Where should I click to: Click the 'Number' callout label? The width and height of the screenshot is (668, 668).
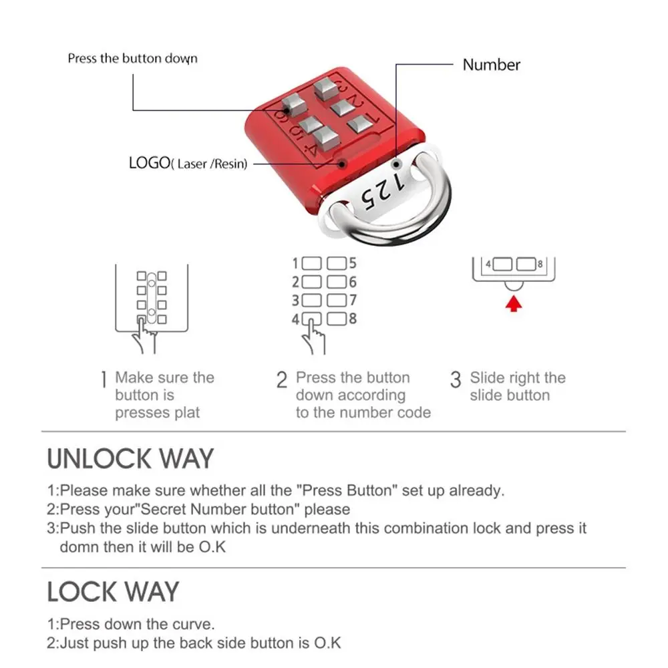pyautogui.click(x=491, y=65)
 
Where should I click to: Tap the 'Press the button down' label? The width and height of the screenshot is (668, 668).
pyautogui.click(x=132, y=58)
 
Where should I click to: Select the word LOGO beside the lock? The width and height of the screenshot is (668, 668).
pyautogui.click(x=150, y=163)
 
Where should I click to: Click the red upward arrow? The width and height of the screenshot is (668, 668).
pyautogui.click(x=514, y=304)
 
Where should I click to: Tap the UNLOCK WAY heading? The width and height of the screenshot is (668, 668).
pyautogui.click(x=130, y=459)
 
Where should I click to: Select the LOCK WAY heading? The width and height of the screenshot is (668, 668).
pyautogui.click(x=113, y=592)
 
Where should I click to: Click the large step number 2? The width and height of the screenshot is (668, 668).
pyautogui.click(x=282, y=379)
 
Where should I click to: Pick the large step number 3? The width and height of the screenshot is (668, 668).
pyautogui.click(x=456, y=379)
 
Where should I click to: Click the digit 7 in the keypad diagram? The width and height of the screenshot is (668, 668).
pyautogui.click(x=353, y=300)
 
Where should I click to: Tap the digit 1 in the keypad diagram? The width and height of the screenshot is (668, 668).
pyautogui.click(x=295, y=263)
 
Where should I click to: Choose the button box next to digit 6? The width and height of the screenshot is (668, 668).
pyautogui.click(x=337, y=282)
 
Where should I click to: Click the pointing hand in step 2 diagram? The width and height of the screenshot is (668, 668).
pyautogui.click(x=313, y=337)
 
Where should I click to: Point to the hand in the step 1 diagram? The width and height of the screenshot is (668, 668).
pyautogui.click(x=145, y=336)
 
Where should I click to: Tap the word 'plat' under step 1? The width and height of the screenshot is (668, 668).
pyautogui.click(x=187, y=413)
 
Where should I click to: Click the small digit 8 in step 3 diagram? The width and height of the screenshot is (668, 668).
pyautogui.click(x=540, y=264)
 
